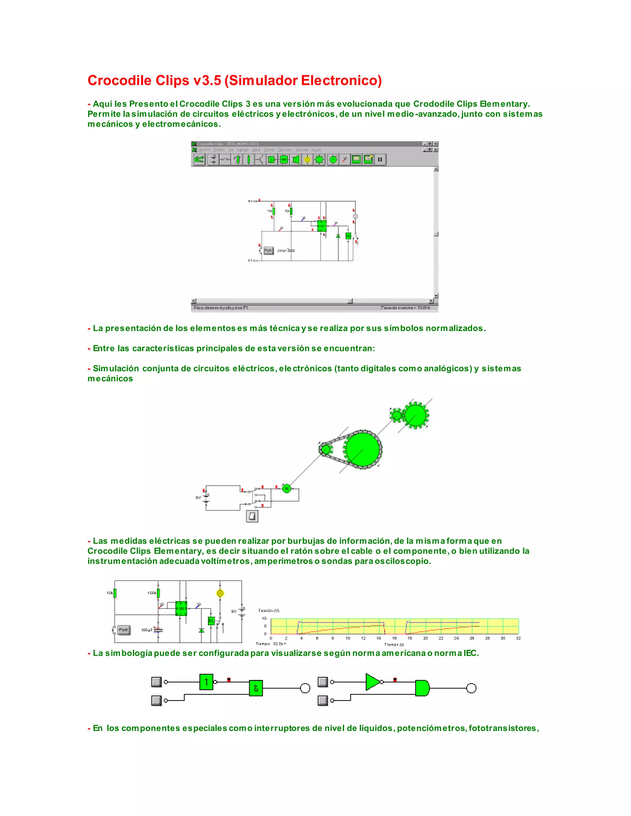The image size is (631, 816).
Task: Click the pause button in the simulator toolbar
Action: [x=380, y=160]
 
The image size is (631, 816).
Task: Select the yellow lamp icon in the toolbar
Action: [x=307, y=160]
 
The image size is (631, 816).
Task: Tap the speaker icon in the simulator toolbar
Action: [x=296, y=160]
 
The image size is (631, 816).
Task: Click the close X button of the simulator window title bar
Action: [x=435, y=144]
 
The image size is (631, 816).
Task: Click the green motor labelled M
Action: [x=286, y=488]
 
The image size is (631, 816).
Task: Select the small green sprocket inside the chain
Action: [x=325, y=449]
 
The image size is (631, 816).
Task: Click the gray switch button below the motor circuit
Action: [x=252, y=516]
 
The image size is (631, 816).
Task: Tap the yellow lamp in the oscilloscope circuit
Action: [x=220, y=593]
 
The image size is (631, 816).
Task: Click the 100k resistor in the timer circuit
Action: [x=158, y=593]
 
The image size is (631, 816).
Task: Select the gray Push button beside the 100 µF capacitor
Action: [x=124, y=630]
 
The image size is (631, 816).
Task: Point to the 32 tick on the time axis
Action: [x=518, y=638]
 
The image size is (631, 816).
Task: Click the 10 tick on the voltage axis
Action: [x=264, y=618]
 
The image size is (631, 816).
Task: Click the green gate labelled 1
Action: [x=206, y=682]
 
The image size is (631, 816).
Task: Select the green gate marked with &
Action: [x=256, y=688]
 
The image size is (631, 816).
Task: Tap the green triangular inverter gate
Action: [x=372, y=682]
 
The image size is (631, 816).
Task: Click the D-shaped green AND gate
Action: [x=422, y=688]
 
